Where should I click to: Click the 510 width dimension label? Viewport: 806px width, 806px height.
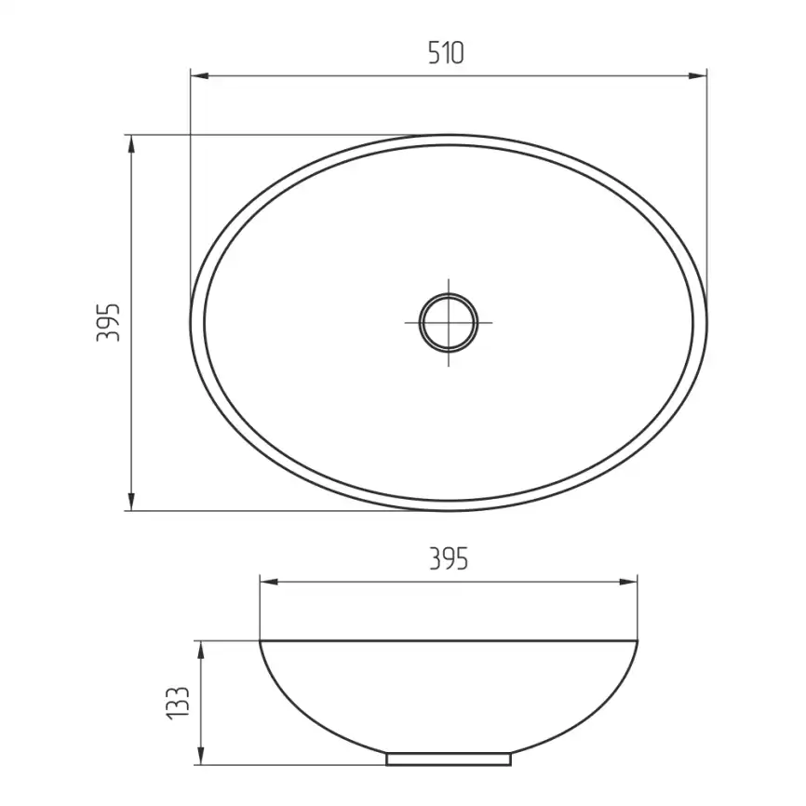point(446,53)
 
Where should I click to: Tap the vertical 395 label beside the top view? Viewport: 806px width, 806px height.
point(109,322)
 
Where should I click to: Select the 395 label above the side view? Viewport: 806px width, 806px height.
point(449,558)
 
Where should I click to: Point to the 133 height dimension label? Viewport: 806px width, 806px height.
point(179,703)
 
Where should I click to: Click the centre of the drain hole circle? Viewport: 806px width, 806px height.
point(449,323)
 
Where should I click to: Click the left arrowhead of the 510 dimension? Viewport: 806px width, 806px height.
point(199,76)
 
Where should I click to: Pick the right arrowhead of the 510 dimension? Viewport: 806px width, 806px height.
point(697,76)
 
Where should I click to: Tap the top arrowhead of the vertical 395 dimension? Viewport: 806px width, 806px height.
point(131,144)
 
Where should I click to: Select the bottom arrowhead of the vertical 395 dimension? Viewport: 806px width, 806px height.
point(131,502)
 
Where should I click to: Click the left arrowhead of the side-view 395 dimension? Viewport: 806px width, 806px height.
point(269,582)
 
